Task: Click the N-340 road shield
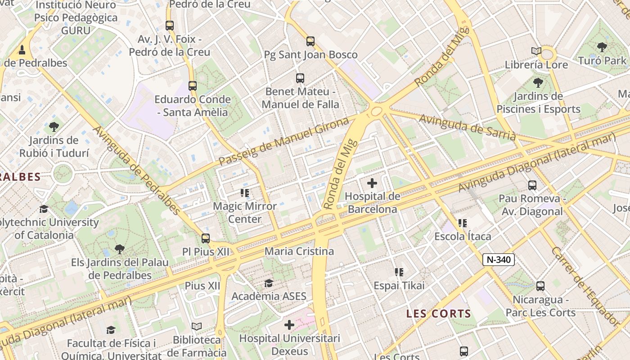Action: tap(499, 260)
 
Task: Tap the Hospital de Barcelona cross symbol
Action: tap(372, 183)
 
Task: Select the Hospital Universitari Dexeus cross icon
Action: tap(289, 324)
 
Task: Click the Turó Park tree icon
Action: tap(602, 47)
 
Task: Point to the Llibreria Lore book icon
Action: tap(536, 51)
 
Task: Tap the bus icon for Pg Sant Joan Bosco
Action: tap(310, 41)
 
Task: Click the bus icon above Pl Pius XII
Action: tap(206, 238)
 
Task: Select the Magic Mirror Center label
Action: tap(244, 212)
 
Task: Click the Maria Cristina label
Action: tap(299, 251)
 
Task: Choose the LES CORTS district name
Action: tap(438, 314)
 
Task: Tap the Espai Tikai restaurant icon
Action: tap(399, 272)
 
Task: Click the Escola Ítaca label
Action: tap(463, 236)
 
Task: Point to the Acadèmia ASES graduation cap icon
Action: tap(269, 283)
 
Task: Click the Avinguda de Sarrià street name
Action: tap(468, 127)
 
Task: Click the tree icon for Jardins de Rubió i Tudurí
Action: tap(54, 127)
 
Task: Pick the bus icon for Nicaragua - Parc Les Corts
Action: tap(540, 286)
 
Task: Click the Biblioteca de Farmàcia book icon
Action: tap(197, 326)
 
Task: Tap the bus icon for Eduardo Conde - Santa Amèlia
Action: tap(193, 85)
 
